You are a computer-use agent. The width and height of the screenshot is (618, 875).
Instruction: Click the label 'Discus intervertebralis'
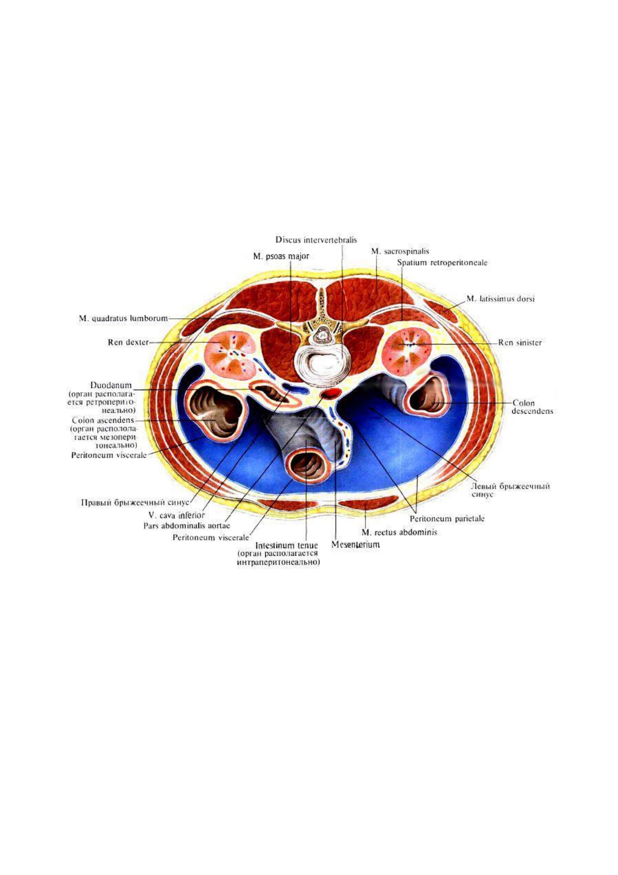click(x=316, y=240)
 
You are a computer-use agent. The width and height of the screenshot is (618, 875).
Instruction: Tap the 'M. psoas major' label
click(x=281, y=257)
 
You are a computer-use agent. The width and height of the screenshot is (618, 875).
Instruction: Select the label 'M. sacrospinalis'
click(x=400, y=251)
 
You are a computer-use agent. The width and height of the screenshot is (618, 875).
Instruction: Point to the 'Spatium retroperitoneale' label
click(x=442, y=262)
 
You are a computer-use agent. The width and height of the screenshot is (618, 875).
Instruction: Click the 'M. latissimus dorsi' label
click(x=500, y=299)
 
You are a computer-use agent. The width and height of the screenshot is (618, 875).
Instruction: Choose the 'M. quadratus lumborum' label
click(x=123, y=318)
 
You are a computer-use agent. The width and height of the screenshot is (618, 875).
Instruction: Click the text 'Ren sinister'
click(x=520, y=342)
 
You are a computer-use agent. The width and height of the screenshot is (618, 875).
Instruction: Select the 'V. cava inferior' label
click(x=177, y=515)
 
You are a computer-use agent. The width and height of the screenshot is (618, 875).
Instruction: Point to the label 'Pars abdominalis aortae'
click(x=187, y=526)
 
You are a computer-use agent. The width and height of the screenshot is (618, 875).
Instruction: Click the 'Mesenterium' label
click(x=355, y=545)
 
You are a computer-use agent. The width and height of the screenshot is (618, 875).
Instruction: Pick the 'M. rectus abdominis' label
click(x=399, y=532)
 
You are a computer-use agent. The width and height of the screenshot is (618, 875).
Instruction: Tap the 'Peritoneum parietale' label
click(x=447, y=519)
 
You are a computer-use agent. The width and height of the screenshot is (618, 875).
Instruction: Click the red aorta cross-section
click(x=331, y=393)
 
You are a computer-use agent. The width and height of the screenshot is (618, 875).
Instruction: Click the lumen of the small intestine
click(x=306, y=465)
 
